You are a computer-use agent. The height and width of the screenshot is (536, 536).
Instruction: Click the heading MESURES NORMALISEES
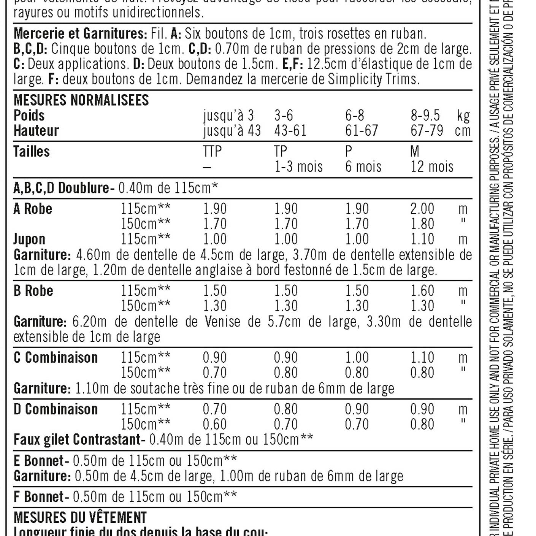pos(81,100)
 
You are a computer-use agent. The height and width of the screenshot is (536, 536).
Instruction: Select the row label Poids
pos(29,116)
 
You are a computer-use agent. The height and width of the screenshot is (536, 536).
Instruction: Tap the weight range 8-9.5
pos(425,116)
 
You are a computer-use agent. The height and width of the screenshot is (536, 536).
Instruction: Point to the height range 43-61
pos(290,131)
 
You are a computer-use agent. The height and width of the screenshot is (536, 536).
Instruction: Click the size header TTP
pos(212,152)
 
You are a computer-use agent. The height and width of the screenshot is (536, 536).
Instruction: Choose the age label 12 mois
pos(432,167)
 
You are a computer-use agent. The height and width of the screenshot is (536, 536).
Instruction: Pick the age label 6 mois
pos(363,167)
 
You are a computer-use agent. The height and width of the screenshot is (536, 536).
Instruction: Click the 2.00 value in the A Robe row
pos(422,209)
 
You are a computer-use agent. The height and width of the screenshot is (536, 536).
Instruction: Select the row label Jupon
pos(29,239)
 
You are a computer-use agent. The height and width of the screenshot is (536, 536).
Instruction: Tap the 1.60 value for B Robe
pos(422,291)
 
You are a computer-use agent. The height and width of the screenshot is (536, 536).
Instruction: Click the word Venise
pos(222,322)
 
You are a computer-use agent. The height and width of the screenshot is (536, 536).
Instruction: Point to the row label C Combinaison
pos(56,358)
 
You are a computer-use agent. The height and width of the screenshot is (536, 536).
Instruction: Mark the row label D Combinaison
pos(56,409)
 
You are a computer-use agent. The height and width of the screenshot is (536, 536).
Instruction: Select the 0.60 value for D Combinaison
pos(214,425)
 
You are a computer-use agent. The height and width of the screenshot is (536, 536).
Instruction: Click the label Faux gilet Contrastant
pos(77,440)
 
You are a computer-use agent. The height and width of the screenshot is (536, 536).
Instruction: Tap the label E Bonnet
pos(38,461)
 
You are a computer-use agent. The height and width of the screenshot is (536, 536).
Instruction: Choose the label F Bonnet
pos(38,497)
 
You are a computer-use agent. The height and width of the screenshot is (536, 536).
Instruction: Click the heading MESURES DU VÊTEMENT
pos(80,518)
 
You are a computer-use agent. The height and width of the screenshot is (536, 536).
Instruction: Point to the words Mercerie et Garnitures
pos(80,34)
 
